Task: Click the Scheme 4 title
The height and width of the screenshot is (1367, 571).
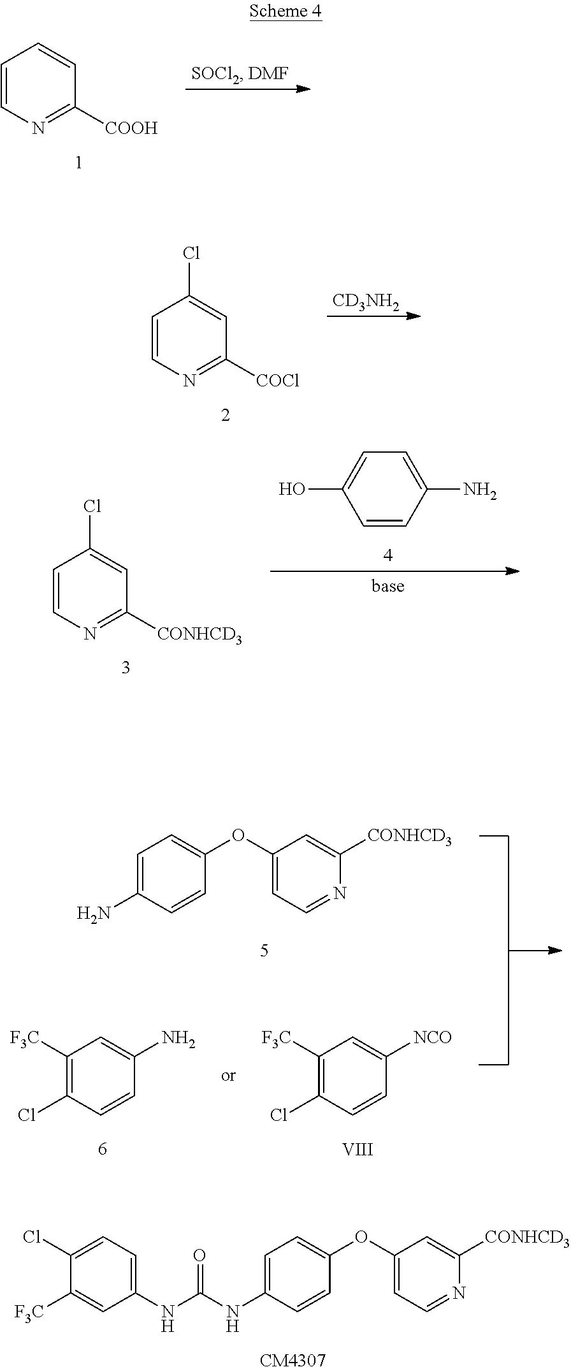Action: [285, 11]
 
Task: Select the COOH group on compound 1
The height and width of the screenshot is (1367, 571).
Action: [131, 129]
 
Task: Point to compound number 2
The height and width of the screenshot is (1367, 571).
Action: [225, 416]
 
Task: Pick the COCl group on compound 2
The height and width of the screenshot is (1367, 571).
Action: [277, 381]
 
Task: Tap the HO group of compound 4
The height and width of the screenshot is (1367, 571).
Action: [292, 490]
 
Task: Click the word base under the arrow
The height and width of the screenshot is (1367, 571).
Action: [388, 586]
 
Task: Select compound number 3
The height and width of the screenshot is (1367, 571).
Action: [126, 668]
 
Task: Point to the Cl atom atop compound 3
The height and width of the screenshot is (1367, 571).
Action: [93, 507]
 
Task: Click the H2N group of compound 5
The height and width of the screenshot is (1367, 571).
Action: [93, 914]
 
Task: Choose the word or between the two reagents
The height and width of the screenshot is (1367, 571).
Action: [228, 1076]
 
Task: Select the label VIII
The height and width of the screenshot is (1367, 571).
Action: [358, 1150]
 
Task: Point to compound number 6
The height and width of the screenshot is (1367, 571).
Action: [103, 1149]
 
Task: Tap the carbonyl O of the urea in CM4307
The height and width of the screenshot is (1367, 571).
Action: [199, 1238]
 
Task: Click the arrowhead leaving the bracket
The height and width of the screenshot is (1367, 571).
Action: [554, 951]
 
